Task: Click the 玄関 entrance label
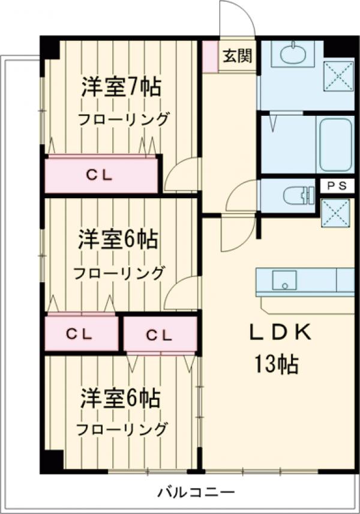coord(238,56)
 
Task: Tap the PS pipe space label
coord(337,186)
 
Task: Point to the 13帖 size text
coord(276,364)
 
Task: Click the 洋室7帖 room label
coord(122,88)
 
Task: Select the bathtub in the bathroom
coord(335,144)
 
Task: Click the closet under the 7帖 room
coord(100,176)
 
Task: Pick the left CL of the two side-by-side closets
coord(80,334)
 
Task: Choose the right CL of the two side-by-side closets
coord(160,334)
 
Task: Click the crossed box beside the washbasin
coord(338,76)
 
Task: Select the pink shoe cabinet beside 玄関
coord(210,56)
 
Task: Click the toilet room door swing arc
coord(242,196)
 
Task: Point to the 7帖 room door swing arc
coord(182,175)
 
